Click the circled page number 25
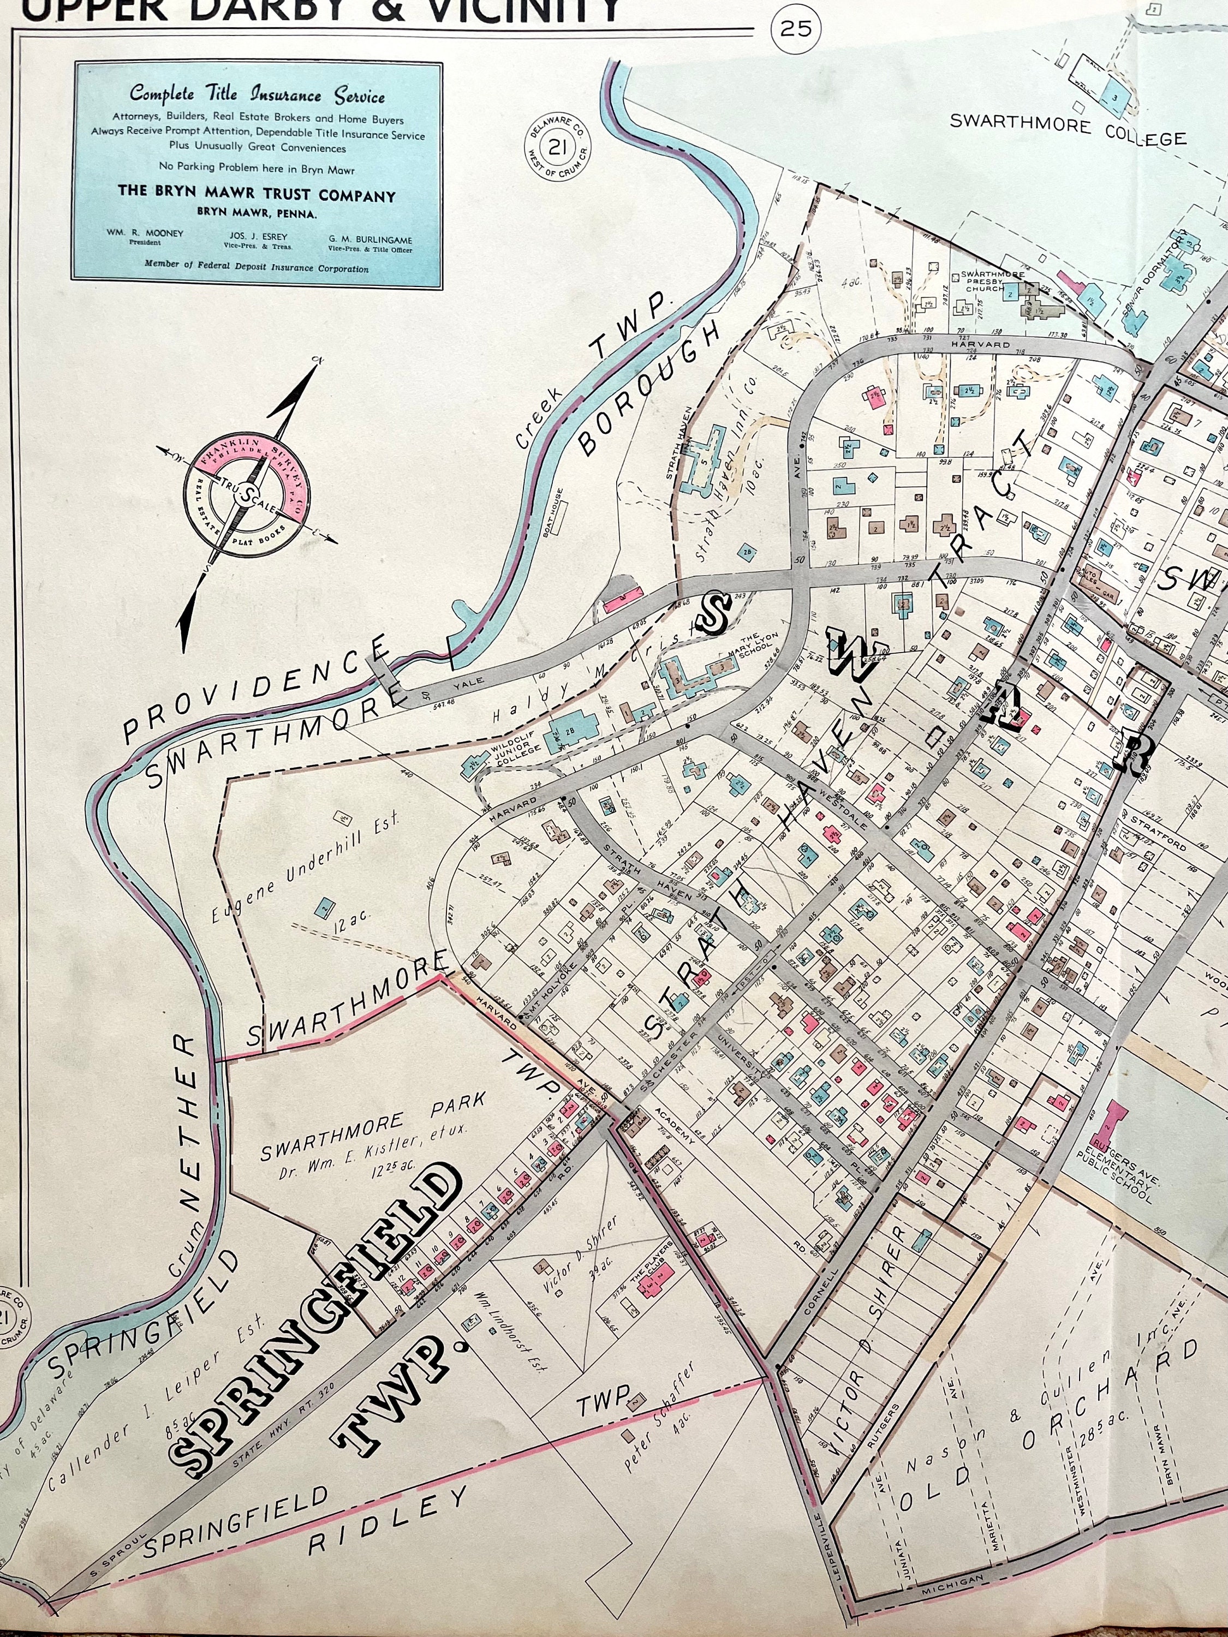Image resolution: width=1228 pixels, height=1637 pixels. point(796,29)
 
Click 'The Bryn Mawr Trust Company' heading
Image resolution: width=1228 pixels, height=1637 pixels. point(257,195)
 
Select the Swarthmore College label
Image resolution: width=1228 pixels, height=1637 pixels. point(1068,130)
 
